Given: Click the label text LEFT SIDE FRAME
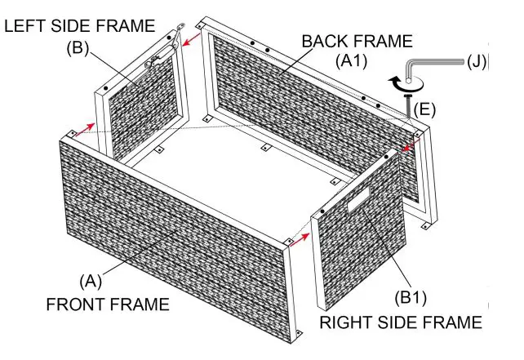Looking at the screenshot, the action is coord(79,26).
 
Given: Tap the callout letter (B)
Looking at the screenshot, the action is coord(78,48).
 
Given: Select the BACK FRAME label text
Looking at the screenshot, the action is coord(357,41).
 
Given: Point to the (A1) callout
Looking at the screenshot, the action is coord(351,61).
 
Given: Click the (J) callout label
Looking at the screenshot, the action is coord(476,61).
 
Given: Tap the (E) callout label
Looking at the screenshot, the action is coord(424,109).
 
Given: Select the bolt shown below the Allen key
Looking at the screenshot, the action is coord(408,106).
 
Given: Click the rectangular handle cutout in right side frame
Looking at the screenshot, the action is coord(359,200).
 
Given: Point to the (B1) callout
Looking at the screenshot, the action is coord(411,297).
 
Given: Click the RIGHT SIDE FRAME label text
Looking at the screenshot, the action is coord(401,322).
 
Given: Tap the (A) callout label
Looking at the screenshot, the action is coord(91,281).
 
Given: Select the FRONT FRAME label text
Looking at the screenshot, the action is coord(108,304).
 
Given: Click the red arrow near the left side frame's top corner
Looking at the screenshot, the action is coord(191,39).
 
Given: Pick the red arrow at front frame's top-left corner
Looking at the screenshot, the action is coord(85,129).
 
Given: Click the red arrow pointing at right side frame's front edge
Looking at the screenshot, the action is coord(300,240).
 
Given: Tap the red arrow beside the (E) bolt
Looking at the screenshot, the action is coord(411,146).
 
